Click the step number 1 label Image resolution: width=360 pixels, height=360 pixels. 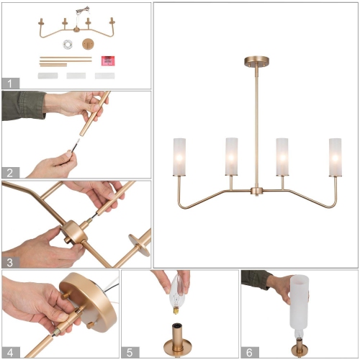[x=10, y=82]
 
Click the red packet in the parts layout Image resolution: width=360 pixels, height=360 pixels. [x=108, y=60]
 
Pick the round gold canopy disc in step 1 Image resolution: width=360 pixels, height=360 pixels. [x=89, y=43]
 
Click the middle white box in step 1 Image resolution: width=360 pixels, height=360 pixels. [x=76, y=75]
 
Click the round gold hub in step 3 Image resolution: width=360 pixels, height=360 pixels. [x=74, y=235]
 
